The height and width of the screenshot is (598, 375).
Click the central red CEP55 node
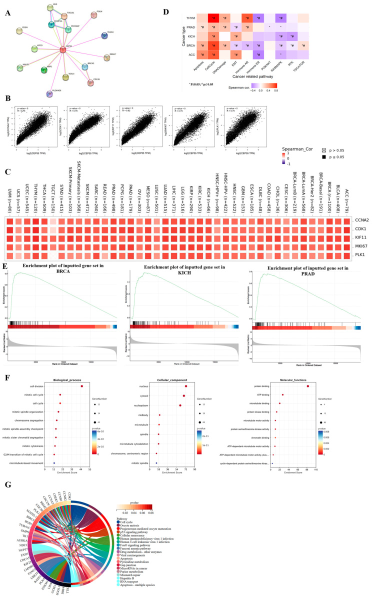coord(63,49)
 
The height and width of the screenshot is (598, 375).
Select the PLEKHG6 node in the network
coord(49,93)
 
